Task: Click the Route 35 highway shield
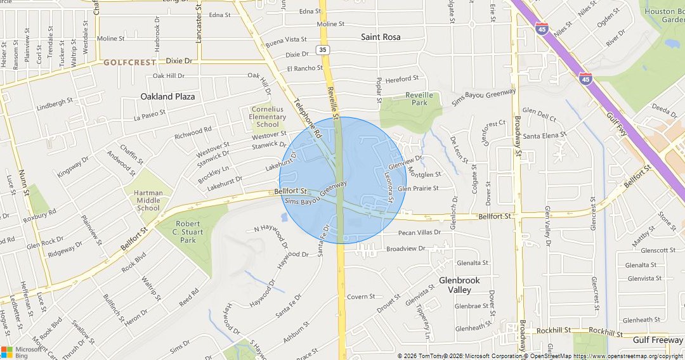(x=323, y=49)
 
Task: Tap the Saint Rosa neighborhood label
(x=381, y=37)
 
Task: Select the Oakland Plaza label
(x=167, y=96)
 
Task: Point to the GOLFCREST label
(x=129, y=63)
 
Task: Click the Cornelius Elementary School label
(x=268, y=117)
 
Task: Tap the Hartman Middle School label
(x=148, y=200)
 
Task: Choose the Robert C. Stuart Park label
(x=188, y=232)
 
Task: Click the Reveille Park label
(x=419, y=99)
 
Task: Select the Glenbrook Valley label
(x=459, y=285)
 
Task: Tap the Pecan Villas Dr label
(x=419, y=233)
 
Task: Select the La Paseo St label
(x=150, y=115)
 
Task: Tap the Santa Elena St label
(x=544, y=136)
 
